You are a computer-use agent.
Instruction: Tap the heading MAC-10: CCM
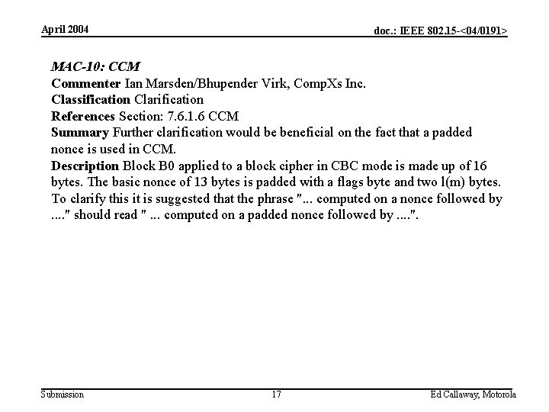(x=95, y=66)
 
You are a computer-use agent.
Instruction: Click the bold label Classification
(x=91, y=99)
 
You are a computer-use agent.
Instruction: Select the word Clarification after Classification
(x=169, y=99)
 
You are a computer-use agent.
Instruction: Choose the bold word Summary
(x=80, y=133)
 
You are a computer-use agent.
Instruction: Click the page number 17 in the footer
(x=276, y=394)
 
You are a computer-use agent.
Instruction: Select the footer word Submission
(x=63, y=394)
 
